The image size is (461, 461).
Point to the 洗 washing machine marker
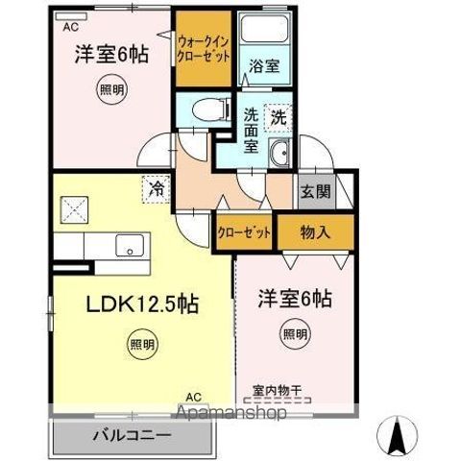pos(278,119)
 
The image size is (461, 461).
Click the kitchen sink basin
pos(128,247)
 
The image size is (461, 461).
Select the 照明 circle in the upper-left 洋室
pos(110,92)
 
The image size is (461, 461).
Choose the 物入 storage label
pos(315,231)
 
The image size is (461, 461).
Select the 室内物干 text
pos(278,390)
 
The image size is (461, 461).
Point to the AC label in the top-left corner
pos(70,27)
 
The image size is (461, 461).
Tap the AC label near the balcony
pos(193,397)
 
